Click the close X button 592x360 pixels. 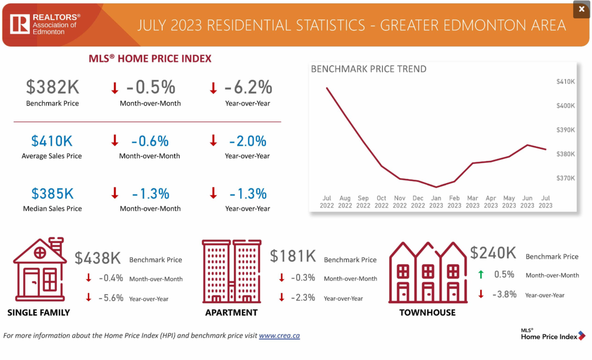pos(581,10)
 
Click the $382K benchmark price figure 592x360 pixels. pos(52,87)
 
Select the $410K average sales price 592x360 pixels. pos(52,141)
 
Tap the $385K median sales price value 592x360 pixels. pos(52,193)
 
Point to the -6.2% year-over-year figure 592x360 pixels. pos(248,87)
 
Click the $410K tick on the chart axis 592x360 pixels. pos(566,81)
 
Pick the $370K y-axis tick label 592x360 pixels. pos(566,178)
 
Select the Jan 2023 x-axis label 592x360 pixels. pos(436,202)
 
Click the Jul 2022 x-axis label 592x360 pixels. pos(327,202)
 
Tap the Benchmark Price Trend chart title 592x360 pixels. pos(369,69)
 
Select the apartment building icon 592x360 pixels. pos(231,271)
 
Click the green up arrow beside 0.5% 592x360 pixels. pos(481,274)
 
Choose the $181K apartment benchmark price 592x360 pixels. pos(293,256)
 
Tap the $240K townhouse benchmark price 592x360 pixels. pos(493,253)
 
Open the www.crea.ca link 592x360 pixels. pos(279,335)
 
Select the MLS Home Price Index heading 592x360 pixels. pos(150,58)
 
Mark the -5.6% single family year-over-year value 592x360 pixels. pos(111,298)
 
